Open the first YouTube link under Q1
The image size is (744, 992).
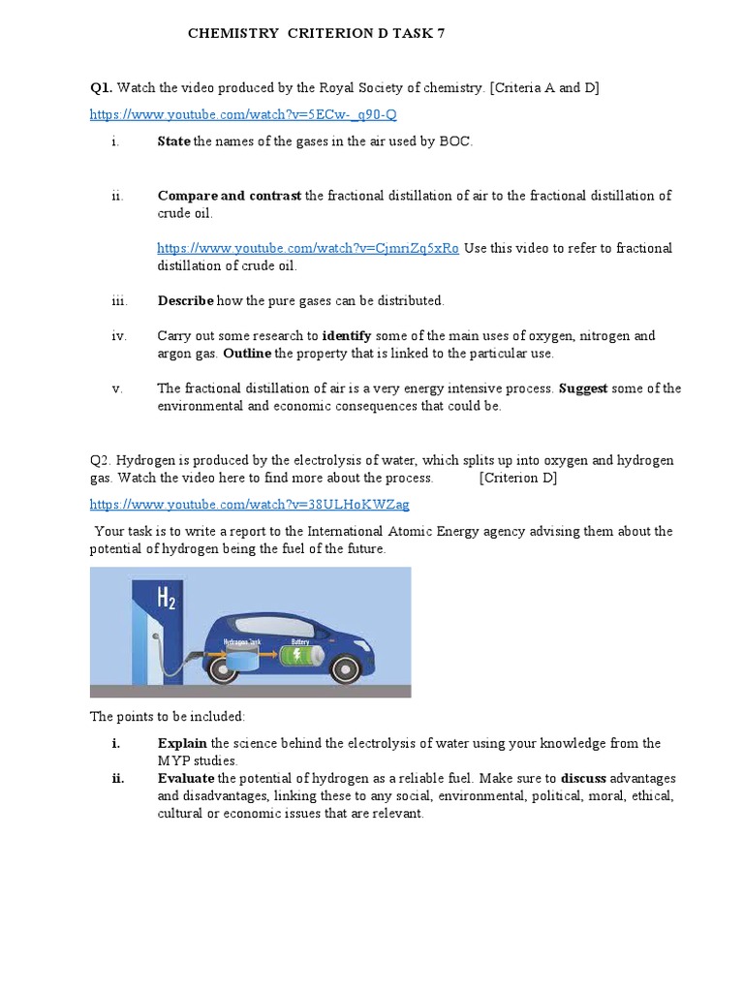point(243,114)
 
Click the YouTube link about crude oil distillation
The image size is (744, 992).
point(308,248)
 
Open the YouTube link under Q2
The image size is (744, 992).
point(249,505)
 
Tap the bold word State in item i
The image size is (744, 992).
point(173,142)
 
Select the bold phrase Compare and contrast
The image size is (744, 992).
point(230,196)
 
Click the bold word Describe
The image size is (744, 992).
point(185,301)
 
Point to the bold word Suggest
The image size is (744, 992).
point(583,388)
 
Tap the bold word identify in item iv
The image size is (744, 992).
point(347,336)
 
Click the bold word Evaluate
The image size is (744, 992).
point(186,779)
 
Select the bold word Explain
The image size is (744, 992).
point(182,744)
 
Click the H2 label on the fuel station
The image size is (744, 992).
point(167,601)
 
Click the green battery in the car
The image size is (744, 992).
point(300,655)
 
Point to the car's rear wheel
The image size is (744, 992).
point(216,672)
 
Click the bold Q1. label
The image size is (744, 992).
point(102,88)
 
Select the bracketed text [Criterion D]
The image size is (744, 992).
point(518,479)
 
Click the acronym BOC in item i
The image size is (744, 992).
point(454,142)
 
